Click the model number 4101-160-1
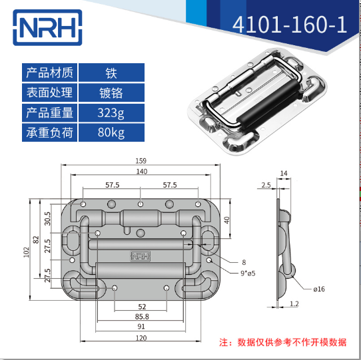coord(290,25)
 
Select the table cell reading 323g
coord(111,112)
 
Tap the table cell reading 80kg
coord(111,133)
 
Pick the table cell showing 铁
coord(111,72)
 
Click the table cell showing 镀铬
coord(111,92)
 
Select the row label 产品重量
coord(50,112)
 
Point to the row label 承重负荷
coord(50,133)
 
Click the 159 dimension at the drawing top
coord(140,161)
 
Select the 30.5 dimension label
coord(47,219)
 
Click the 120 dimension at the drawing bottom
coord(140,338)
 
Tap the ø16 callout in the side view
coord(318,289)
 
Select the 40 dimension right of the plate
coord(227,220)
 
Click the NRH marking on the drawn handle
coord(141,255)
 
